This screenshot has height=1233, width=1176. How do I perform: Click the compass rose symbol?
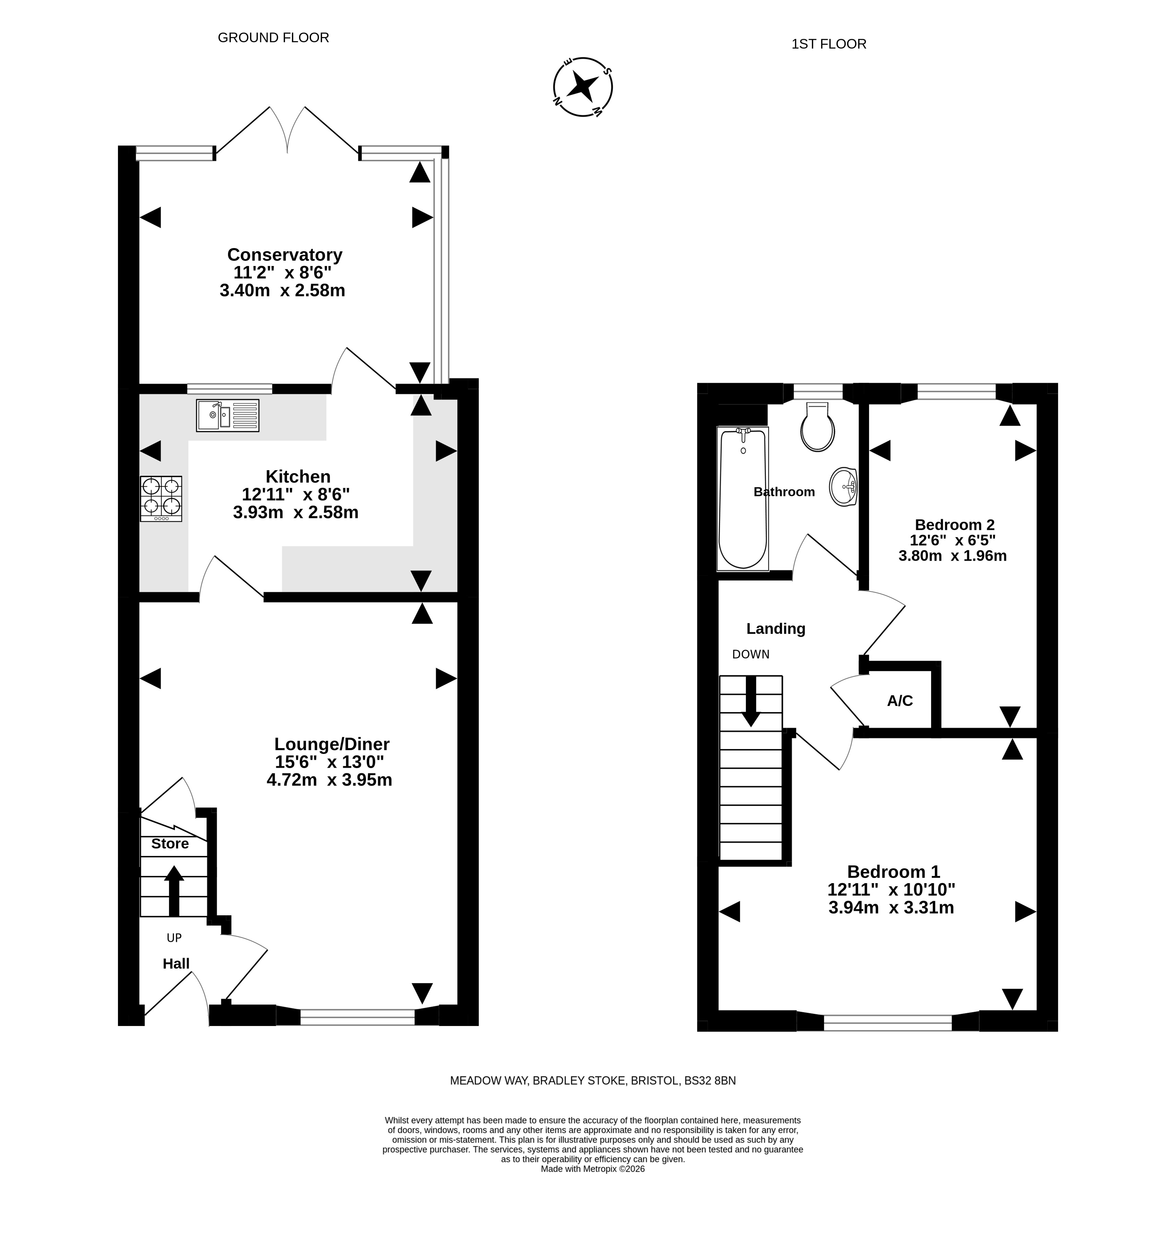point(583,87)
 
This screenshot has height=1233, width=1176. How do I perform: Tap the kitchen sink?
point(228,415)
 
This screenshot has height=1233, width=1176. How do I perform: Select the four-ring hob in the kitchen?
point(161,499)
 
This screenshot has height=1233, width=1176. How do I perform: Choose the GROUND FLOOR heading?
point(273,38)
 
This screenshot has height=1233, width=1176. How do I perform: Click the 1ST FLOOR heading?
point(829,44)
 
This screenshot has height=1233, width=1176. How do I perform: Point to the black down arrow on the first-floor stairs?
point(751,702)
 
